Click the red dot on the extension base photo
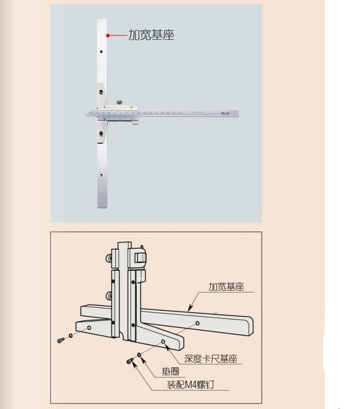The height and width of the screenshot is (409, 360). (108, 35)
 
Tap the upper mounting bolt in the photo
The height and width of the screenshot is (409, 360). (101, 92)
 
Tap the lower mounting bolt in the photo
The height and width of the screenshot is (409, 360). (101, 134)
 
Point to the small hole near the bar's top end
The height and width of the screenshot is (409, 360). (101, 52)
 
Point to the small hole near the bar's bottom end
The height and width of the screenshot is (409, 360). (101, 175)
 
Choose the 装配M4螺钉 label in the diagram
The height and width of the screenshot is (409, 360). (190, 385)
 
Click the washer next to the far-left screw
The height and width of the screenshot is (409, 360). (71, 336)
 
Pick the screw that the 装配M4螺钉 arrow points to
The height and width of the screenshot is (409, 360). (130, 361)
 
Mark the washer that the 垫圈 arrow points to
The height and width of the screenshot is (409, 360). (139, 355)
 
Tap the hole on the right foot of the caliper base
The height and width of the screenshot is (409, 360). (164, 342)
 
